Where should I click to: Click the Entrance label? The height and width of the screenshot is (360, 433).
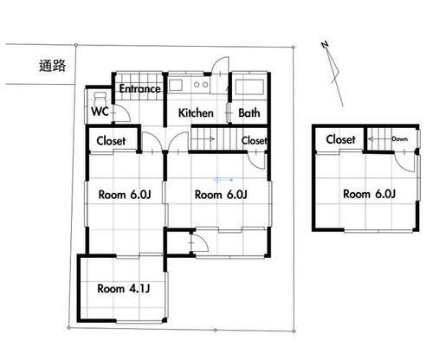[x=140, y=88]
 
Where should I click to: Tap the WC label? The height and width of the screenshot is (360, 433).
[x=100, y=112]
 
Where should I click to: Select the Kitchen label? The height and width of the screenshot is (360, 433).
[x=196, y=112]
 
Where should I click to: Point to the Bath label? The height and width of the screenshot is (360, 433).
[x=249, y=112]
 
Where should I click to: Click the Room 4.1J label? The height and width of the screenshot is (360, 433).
[x=124, y=288]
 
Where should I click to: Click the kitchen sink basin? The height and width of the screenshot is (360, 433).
[x=176, y=86]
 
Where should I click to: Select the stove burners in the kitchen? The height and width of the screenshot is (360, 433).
[x=201, y=85]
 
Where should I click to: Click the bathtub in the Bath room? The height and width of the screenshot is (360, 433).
[x=249, y=87]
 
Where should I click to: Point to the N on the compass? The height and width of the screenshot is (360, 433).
[x=325, y=45]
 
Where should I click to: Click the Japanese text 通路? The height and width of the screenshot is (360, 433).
[x=52, y=66]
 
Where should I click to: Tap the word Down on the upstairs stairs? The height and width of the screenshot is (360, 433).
[x=400, y=139]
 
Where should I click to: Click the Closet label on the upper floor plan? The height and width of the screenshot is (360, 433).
[x=340, y=139]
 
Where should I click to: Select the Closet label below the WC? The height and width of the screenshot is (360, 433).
[x=111, y=141]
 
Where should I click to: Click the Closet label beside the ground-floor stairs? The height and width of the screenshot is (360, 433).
[x=255, y=141]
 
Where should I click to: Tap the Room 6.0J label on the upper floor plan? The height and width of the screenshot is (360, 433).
[x=369, y=194]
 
